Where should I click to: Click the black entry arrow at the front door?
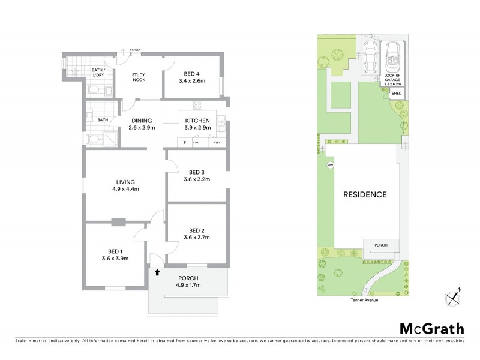tap(157, 272)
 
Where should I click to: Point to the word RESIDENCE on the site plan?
tap(364, 195)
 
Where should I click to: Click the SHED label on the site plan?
tap(396, 94)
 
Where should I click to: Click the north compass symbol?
tap(454, 297)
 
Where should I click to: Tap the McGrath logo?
tap(431, 328)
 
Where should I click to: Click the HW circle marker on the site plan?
tap(330, 166)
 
